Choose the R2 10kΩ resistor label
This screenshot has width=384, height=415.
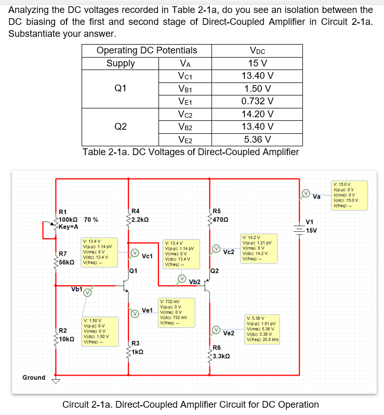click(65, 335)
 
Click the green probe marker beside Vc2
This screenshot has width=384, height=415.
click(215, 250)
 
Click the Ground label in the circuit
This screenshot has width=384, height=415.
click(34, 377)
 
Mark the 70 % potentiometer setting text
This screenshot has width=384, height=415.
click(91, 219)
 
